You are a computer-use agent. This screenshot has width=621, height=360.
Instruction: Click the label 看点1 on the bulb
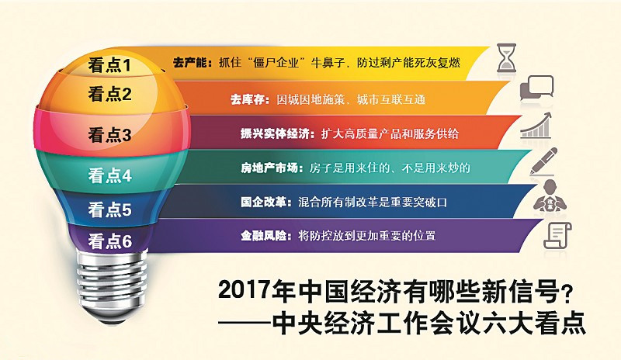109,65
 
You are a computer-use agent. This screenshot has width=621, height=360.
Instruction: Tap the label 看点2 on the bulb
109,94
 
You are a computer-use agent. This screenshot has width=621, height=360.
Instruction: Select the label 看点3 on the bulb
109,135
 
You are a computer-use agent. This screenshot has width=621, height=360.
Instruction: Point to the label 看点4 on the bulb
109,175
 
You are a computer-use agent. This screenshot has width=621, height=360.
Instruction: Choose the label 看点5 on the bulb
109,209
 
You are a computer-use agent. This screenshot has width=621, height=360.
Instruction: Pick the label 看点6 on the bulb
109,241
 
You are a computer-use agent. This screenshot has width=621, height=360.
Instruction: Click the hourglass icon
507,58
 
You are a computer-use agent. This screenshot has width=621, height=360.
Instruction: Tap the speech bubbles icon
536,88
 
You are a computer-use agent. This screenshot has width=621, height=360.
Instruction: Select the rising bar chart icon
536,125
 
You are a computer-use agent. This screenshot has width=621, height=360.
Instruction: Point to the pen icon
543,161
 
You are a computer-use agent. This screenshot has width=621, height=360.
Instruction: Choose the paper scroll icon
557,235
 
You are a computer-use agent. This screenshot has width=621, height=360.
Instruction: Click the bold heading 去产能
193,63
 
